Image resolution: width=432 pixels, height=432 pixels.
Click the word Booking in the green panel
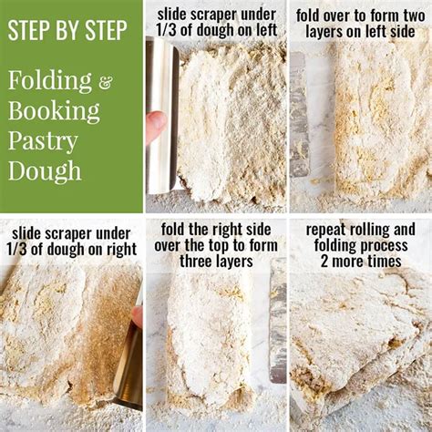[x=54, y=111]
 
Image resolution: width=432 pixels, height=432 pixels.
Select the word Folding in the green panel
[x=51, y=81]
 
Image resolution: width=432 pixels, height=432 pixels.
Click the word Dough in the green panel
[x=46, y=170]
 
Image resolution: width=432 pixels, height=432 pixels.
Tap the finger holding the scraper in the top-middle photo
[x=156, y=125]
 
